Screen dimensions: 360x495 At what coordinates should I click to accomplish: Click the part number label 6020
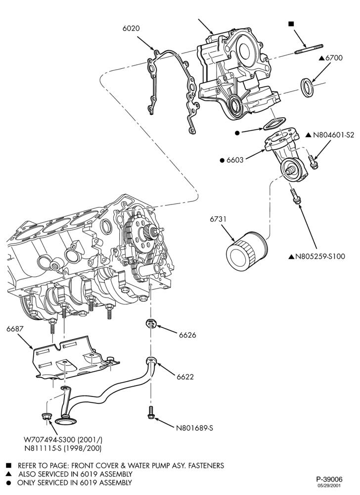tap(131, 28)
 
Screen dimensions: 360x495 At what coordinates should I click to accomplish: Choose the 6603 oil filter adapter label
tap(235, 160)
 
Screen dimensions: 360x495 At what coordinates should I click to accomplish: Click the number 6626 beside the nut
tap(187, 335)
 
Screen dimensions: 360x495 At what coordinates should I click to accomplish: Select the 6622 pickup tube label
tap(185, 377)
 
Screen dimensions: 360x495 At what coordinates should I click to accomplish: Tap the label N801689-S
tap(194, 428)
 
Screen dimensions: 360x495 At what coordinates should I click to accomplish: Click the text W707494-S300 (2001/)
tap(63, 440)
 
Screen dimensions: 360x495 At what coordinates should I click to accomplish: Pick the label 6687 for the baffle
tap(15, 329)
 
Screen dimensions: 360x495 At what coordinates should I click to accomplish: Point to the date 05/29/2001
tap(329, 486)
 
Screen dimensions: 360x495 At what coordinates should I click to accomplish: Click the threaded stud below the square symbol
tap(309, 49)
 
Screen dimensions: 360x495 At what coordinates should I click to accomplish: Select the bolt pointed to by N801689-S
tap(151, 413)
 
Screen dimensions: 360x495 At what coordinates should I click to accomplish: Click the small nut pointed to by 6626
tap(151, 324)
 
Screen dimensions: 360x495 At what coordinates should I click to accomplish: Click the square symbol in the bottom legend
tap(9, 466)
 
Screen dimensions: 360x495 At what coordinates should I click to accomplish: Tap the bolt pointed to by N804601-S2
tap(313, 161)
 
